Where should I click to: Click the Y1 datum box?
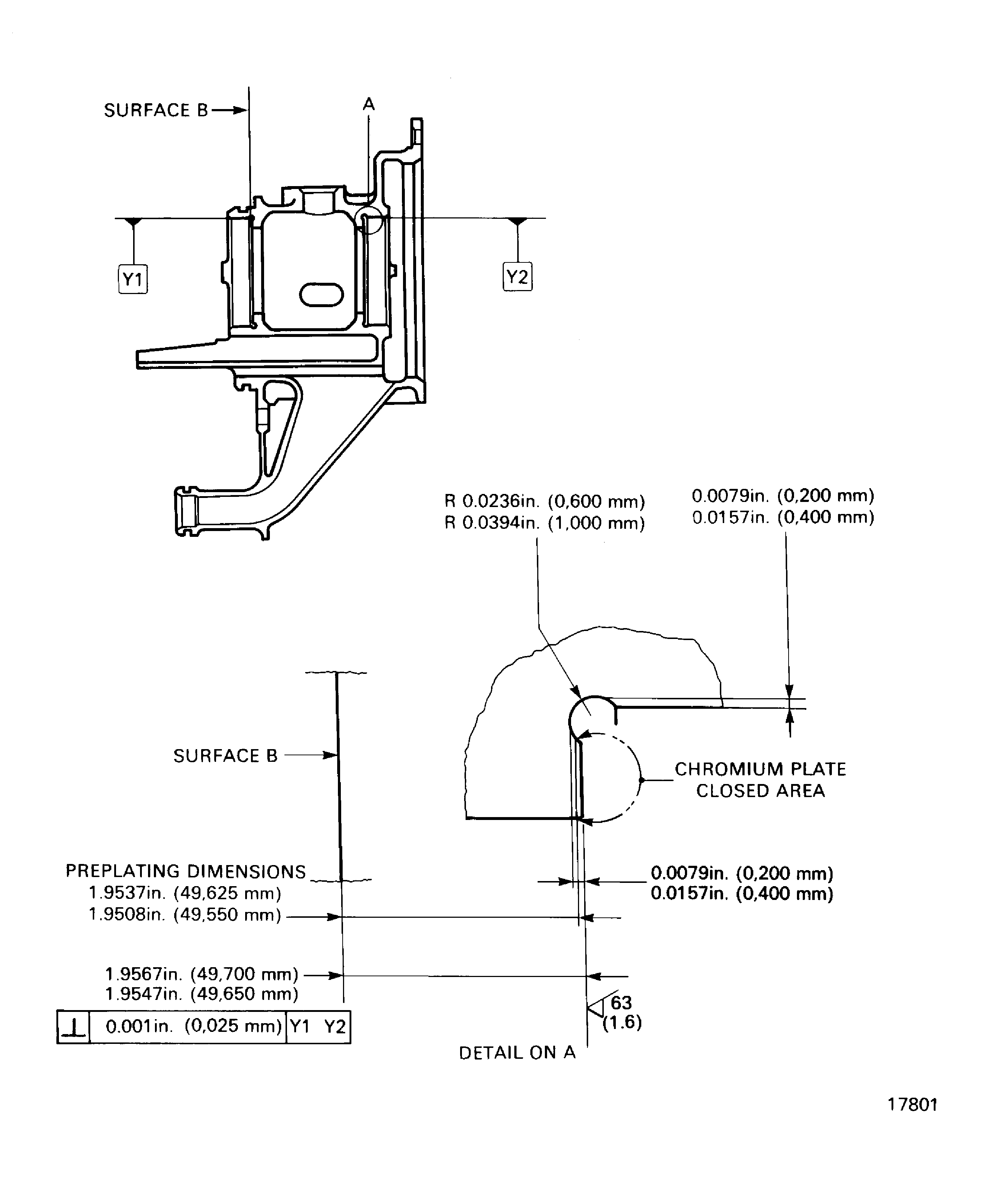point(133,279)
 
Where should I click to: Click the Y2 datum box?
point(517,277)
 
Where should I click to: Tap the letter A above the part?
point(368,104)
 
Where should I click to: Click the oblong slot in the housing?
point(321,295)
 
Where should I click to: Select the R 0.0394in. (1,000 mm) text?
point(544,523)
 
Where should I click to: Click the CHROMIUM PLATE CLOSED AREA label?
point(760,780)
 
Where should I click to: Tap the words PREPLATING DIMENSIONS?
point(186,872)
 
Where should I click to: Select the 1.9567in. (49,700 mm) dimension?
point(202,974)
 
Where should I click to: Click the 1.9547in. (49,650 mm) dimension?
point(202,994)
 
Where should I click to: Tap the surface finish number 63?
point(621,1003)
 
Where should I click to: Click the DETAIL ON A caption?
point(517,1053)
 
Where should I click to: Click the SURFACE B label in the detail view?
point(225,756)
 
